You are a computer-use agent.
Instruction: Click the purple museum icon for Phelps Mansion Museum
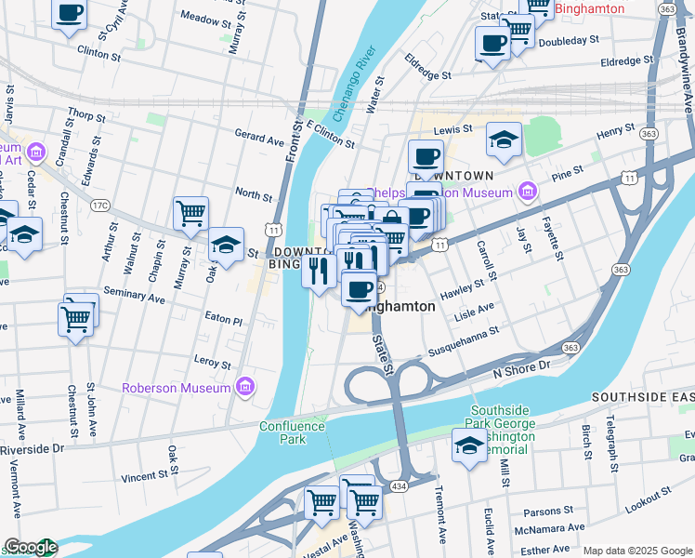point(528,193)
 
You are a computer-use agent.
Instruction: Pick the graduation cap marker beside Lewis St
point(504,139)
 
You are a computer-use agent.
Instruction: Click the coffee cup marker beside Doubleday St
point(492,42)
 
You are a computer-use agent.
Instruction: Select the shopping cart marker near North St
point(190,213)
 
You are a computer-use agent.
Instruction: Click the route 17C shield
point(100,206)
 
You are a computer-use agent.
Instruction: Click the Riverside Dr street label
point(32,447)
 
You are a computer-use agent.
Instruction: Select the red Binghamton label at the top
point(589,9)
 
